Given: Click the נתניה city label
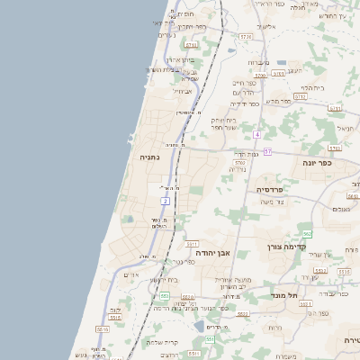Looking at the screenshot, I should point(146,157).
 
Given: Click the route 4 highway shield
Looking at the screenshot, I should point(256,134).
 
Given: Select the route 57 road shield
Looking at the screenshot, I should point(268,152).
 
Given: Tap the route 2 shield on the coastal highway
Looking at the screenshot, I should point(166,200).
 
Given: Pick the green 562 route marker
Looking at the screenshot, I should point(307,234).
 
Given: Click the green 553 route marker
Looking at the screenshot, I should point(165,295).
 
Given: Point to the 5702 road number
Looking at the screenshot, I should point(239,163).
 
